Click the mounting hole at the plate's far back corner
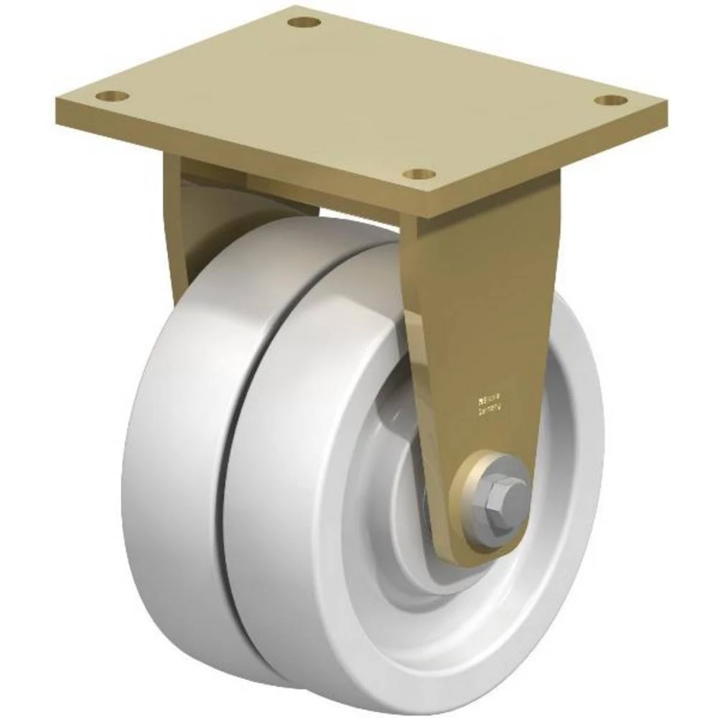[x=304, y=22]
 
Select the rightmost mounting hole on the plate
[x=611, y=101]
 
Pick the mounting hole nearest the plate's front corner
[x=419, y=174]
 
